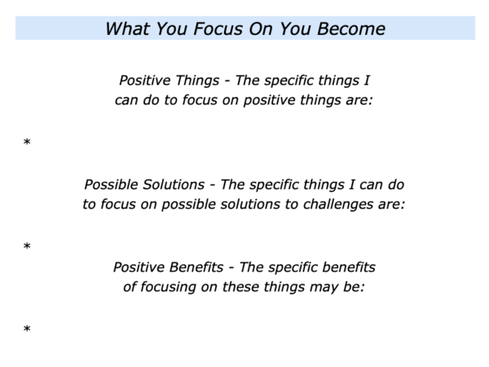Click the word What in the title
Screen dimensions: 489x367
[126, 29]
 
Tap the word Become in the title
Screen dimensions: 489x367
[351, 29]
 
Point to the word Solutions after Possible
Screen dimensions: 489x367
[174, 184]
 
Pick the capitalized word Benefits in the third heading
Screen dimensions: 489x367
[196, 268]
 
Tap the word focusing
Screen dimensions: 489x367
[168, 287]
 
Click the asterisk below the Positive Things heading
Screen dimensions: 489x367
[27, 142]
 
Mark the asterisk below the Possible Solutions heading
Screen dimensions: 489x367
[27, 246]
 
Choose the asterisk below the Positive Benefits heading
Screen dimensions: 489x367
[27, 329]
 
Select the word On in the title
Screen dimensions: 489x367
[261, 29]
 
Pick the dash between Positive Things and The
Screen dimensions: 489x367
[227, 81]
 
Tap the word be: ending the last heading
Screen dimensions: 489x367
[354, 287]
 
